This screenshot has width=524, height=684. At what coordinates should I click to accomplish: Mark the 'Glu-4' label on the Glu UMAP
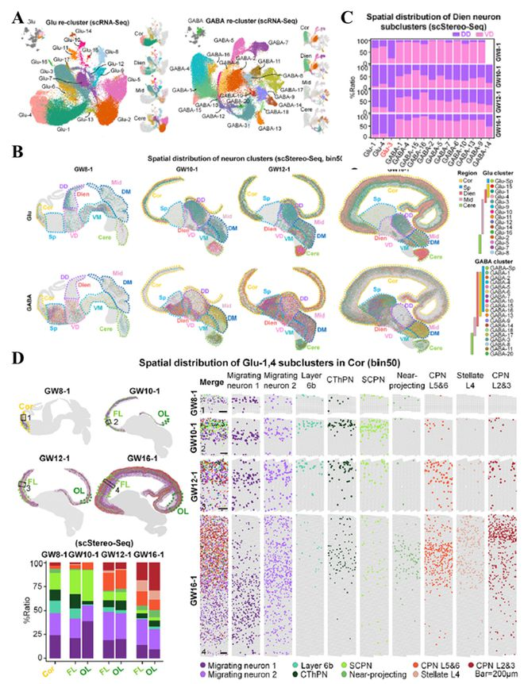point(21,116)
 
